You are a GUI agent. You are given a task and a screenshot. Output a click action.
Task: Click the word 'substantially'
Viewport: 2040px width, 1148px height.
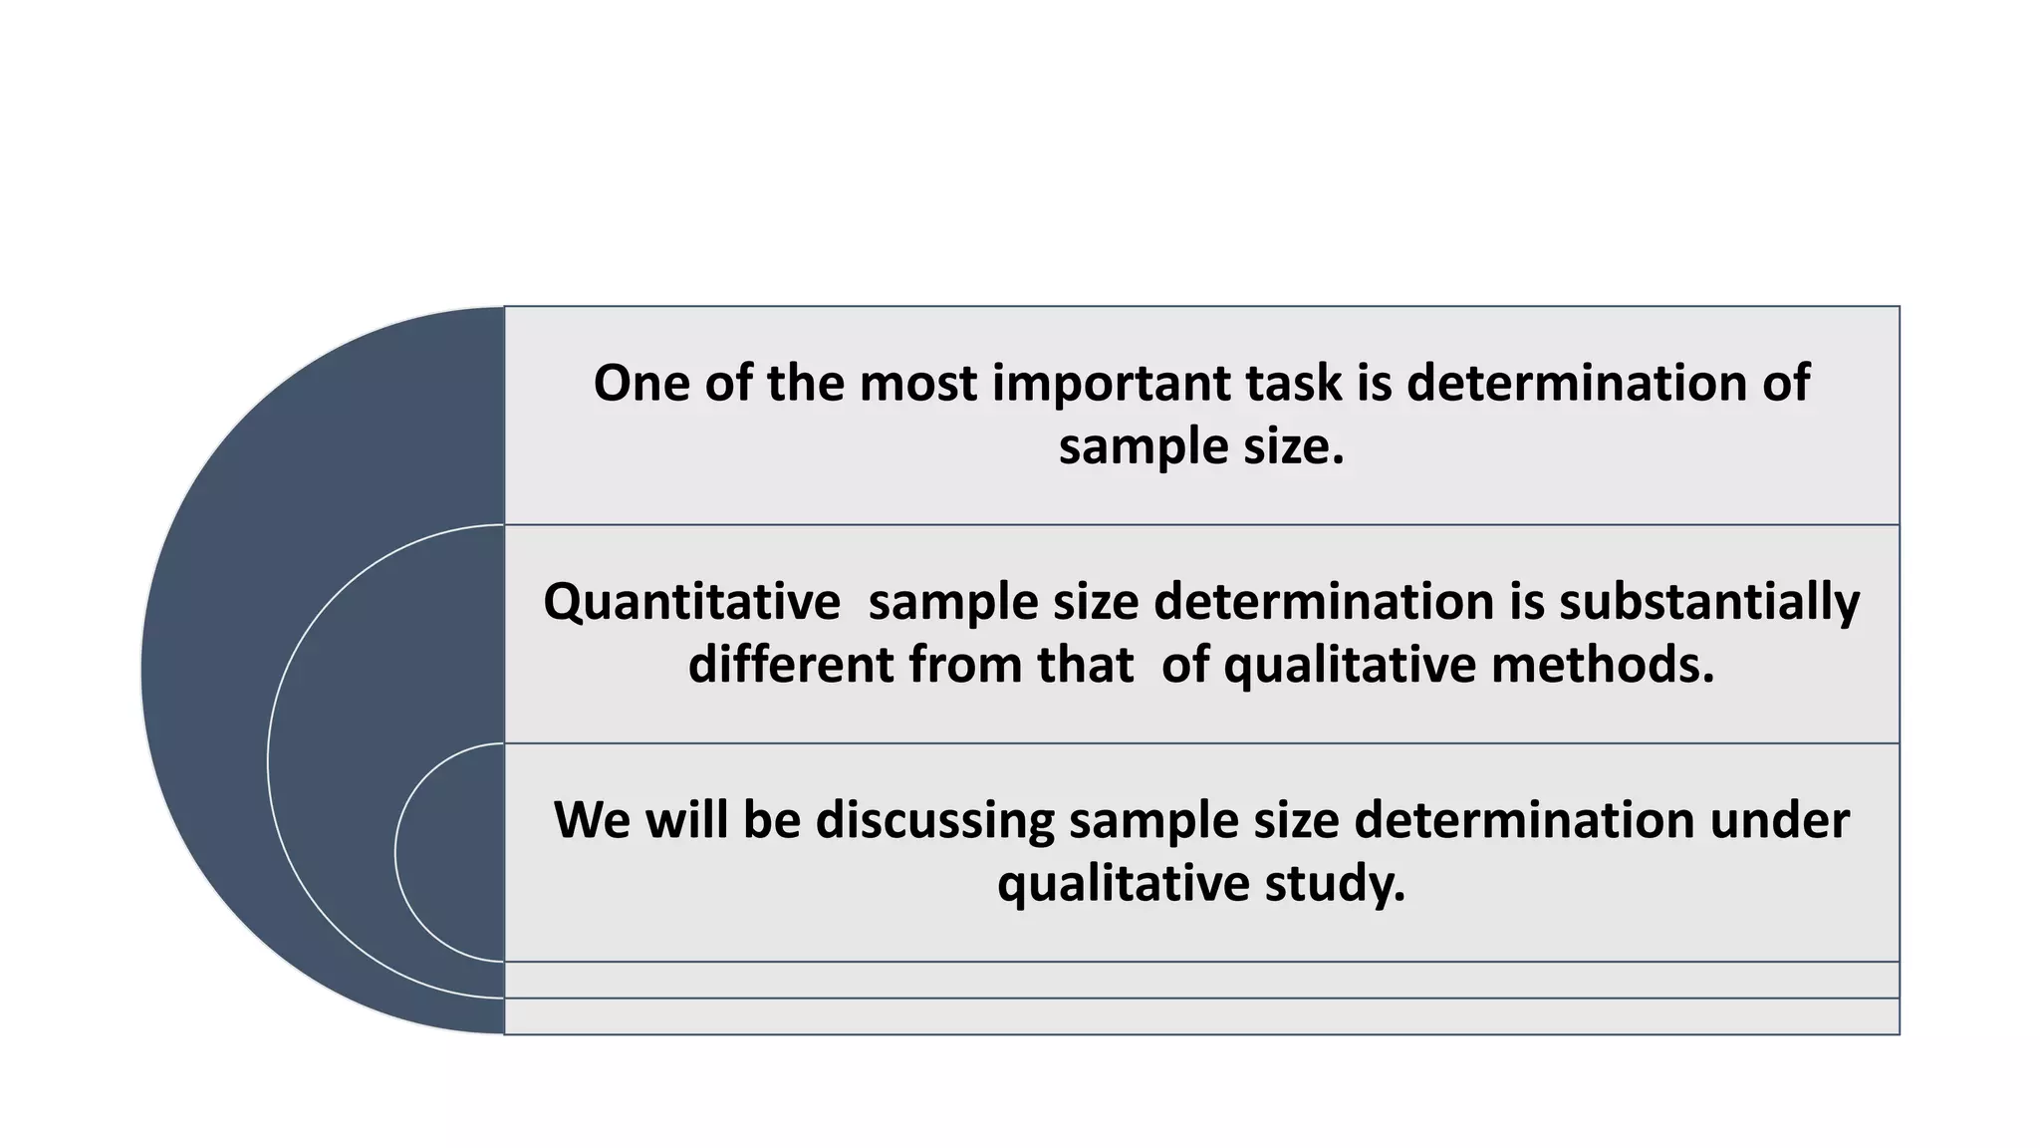tap(1709, 602)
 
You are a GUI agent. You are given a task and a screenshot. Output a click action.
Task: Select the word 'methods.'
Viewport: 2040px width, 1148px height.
tap(1603, 665)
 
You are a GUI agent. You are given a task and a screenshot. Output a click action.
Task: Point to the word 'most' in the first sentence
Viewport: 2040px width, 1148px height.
tap(917, 385)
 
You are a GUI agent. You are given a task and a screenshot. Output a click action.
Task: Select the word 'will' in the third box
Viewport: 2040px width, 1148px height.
tap(686, 821)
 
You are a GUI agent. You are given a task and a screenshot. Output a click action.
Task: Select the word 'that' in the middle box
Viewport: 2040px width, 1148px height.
tap(1085, 665)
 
